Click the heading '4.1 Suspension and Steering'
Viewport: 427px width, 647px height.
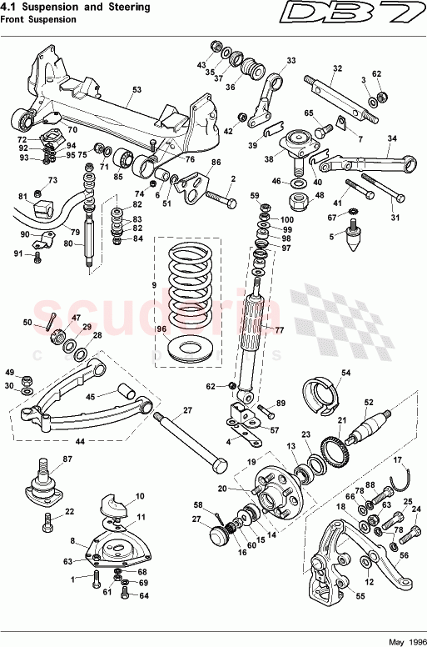77,8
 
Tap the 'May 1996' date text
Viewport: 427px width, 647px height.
406,640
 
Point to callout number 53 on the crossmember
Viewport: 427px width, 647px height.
137,88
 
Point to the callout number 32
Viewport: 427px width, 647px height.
337,68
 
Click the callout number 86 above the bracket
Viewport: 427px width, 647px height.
216,163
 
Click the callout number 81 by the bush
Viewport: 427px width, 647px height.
23,198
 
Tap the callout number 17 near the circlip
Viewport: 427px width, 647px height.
397,459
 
